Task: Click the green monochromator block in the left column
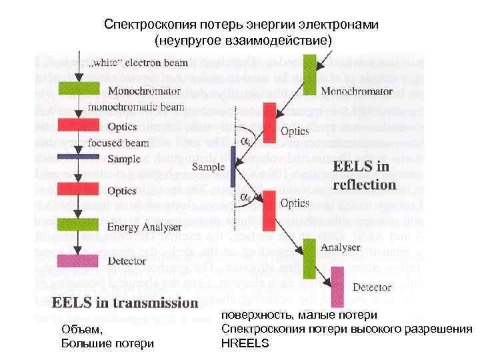tap(79, 89)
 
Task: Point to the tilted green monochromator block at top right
tap(308, 69)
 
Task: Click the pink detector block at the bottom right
tap(339, 287)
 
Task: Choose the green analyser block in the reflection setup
tap(309, 257)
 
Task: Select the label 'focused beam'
tap(119, 142)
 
